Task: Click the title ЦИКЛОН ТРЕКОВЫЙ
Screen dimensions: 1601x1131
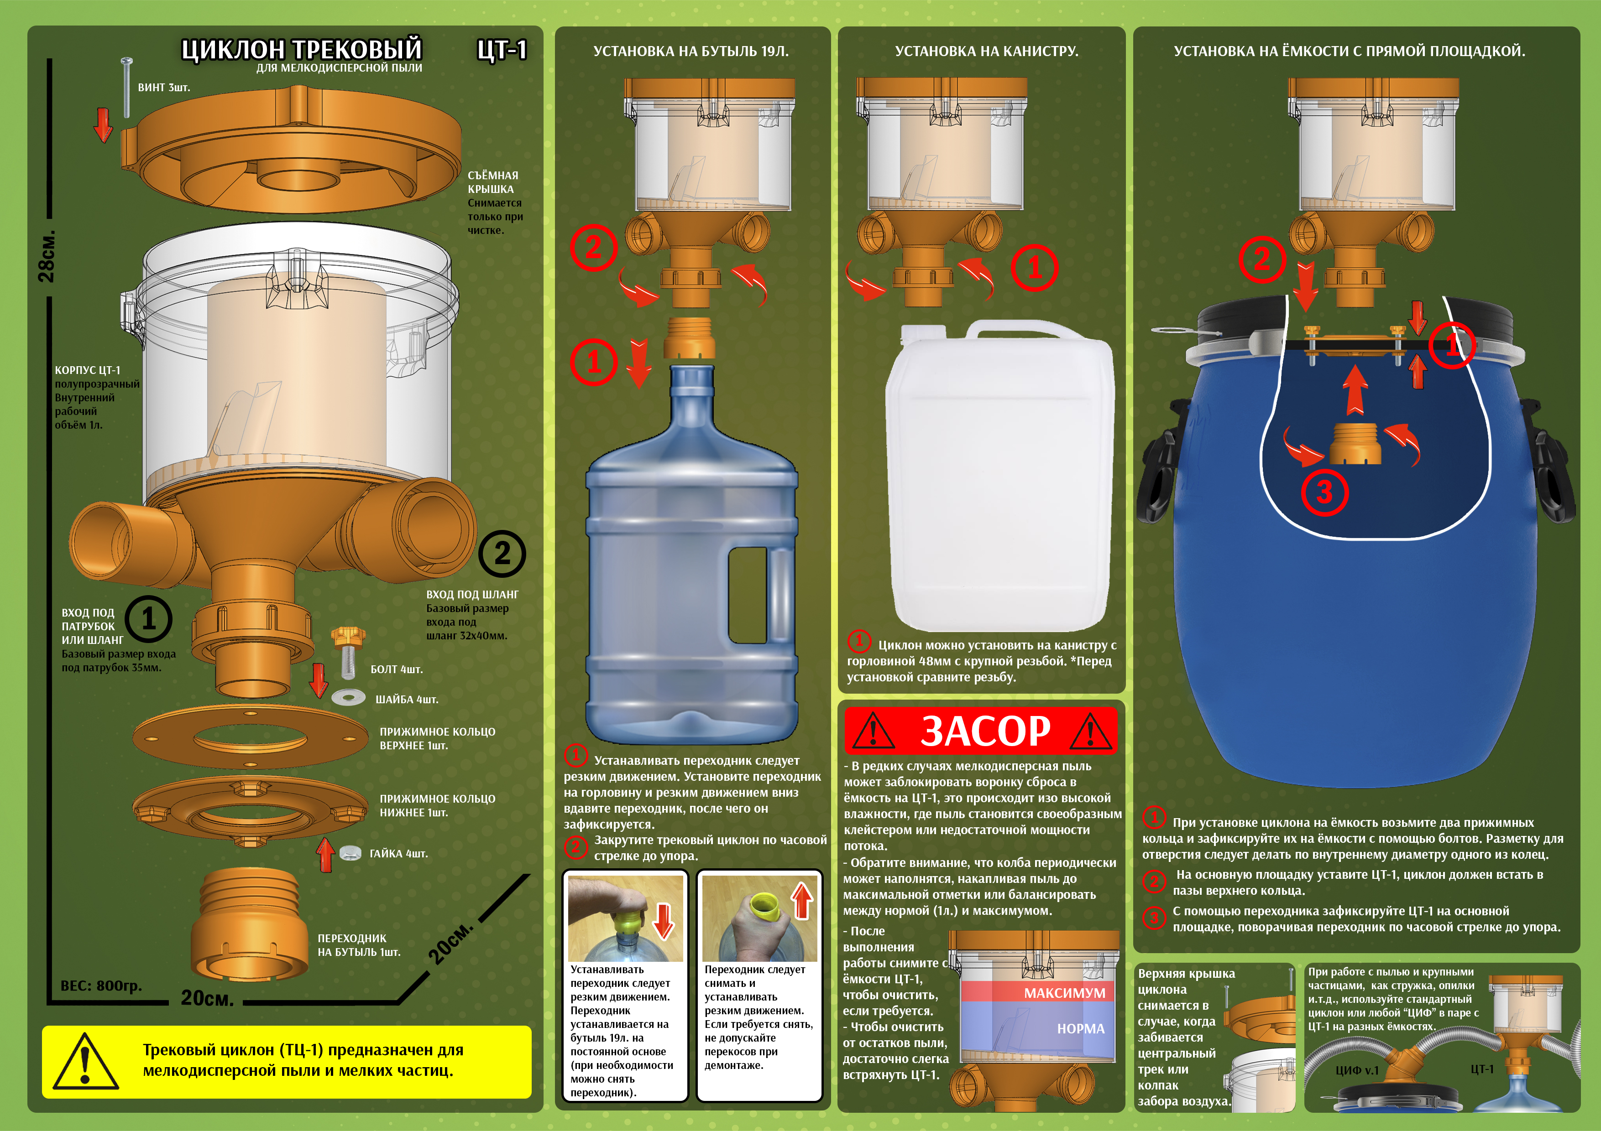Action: pos(301,49)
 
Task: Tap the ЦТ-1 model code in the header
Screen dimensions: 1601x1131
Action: pos(502,49)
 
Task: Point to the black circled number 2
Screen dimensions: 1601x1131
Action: pos(502,554)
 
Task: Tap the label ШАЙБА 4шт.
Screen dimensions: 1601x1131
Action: pos(407,699)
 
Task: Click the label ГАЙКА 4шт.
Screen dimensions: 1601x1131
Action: pos(398,853)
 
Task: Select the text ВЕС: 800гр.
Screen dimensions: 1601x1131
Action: pos(101,986)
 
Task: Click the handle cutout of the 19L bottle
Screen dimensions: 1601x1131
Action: pos(748,594)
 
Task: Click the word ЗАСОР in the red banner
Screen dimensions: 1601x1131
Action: pos(985,730)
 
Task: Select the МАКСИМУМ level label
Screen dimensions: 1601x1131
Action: pos(1065,993)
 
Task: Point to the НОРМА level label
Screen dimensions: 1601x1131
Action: pos(1081,1028)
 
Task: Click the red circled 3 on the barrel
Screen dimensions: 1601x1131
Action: pos(1324,493)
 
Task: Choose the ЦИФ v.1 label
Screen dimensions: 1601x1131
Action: pos(1357,1070)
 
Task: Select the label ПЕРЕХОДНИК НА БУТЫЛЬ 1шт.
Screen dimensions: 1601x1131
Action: pos(359,945)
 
